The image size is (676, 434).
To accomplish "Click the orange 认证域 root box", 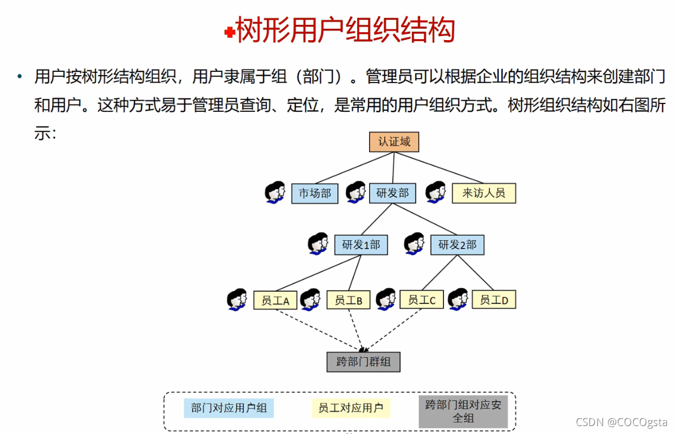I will click(x=394, y=142).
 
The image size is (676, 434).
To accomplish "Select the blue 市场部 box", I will click(x=314, y=193).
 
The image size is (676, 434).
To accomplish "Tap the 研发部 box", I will click(x=392, y=193).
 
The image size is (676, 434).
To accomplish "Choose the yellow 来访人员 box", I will click(x=484, y=193).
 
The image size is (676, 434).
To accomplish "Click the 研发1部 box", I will click(x=361, y=245).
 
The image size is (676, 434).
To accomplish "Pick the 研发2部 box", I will click(x=457, y=245).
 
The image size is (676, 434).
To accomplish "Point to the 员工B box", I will click(x=348, y=300).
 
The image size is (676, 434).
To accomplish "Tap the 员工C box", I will click(x=422, y=300).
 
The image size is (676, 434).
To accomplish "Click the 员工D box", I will click(x=494, y=300).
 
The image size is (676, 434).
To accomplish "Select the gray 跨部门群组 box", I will click(x=363, y=362).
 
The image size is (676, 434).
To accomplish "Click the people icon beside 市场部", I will click(x=275, y=192).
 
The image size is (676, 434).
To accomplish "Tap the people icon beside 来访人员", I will click(x=436, y=192).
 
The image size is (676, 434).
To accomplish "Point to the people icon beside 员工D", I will click(x=458, y=300).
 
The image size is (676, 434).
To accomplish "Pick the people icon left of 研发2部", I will click(x=414, y=244).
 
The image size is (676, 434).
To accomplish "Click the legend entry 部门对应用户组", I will click(x=229, y=408).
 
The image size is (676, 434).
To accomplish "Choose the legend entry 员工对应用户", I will click(x=350, y=408).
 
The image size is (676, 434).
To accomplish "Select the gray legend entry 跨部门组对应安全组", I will click(x=463, y=411).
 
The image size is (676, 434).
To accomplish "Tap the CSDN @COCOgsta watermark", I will click(x=620, y=422).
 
